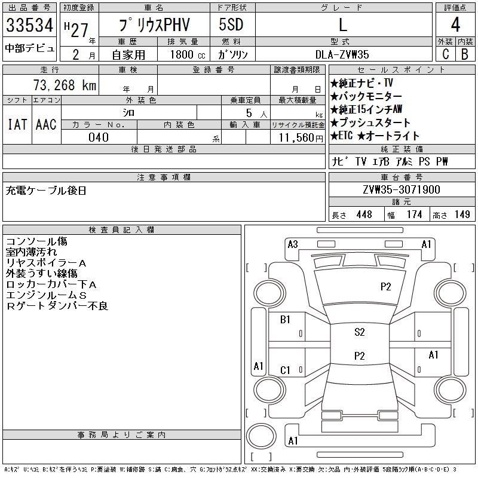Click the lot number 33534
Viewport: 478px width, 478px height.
(30, 25)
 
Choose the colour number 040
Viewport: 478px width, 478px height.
(99, 137)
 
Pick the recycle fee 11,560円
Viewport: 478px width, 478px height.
(297, 137)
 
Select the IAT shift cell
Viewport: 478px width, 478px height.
(17, 124)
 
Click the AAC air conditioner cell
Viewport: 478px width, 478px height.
(46, 124)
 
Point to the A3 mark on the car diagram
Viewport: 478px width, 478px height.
(293, 244)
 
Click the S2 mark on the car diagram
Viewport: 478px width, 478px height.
(359, 332)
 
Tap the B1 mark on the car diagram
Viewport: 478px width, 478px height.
(285, 320)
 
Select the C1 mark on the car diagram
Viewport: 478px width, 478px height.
(285, 370)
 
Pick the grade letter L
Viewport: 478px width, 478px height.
(342, 25)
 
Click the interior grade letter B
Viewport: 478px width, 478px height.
(464, 53)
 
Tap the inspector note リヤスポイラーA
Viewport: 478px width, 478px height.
(46, 263)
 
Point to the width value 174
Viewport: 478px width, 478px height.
(414, 215)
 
